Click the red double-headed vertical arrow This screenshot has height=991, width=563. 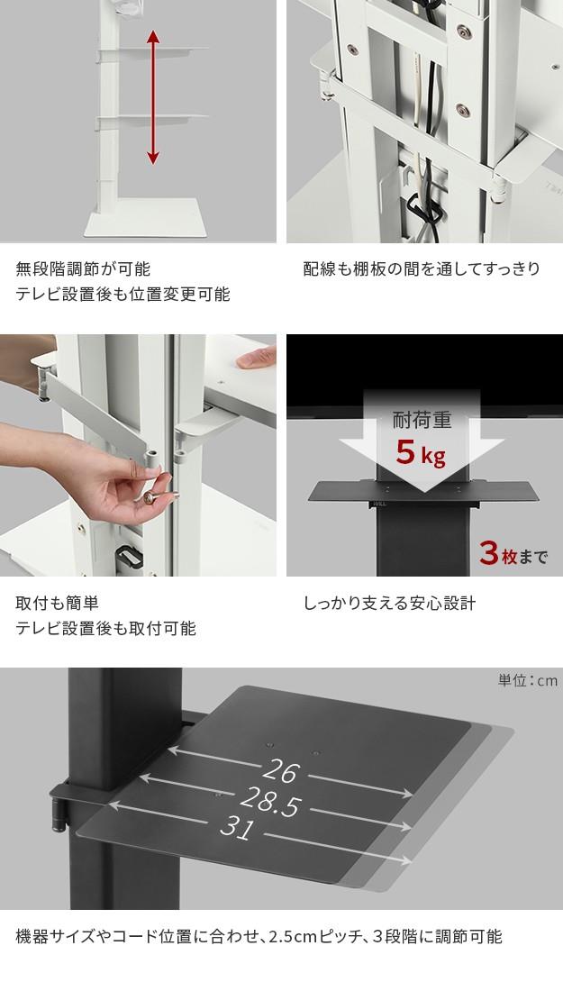point(153,97)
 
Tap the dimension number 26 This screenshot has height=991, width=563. point(281,770)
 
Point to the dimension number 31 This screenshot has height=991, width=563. point(236,829)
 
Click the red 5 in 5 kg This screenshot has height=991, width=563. point(405,451)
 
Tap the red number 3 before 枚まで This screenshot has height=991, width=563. point(489,553)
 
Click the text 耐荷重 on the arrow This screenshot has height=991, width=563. point(422,420)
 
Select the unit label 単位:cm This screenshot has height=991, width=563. point(528,680)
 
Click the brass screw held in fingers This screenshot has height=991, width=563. point(153,497)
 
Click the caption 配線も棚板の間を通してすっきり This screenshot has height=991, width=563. point(422,268)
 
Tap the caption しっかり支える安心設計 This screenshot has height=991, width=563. point(389,603)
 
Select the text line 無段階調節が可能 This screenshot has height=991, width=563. point(83,268)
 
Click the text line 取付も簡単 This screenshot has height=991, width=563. point(57,603)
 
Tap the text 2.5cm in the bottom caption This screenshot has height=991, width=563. point(293,936)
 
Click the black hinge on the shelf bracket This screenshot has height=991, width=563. point(59,814)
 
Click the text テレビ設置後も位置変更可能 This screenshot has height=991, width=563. point(123,294)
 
